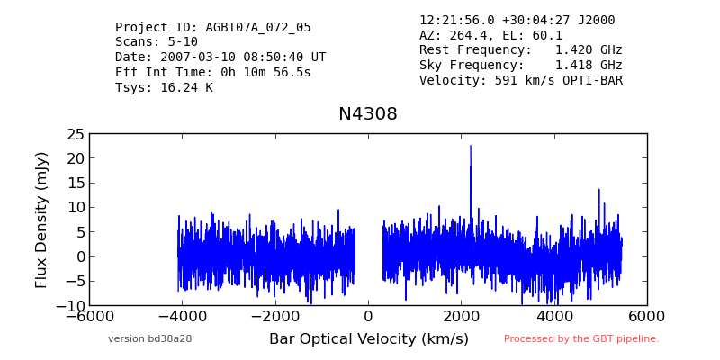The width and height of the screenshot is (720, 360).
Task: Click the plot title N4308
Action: click(368, 114)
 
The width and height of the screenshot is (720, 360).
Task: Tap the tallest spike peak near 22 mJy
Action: click(471, 146)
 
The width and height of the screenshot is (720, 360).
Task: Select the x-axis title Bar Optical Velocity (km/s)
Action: click(369, 339)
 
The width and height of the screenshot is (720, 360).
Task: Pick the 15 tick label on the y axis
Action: click(75, 184)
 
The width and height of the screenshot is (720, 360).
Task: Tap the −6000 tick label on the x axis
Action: click(89, 317)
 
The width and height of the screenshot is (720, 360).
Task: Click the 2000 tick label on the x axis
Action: click(462, 317)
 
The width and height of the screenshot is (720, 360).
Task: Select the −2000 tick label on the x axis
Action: click(275, 317)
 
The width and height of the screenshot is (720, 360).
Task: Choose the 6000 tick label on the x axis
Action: click(647, 317)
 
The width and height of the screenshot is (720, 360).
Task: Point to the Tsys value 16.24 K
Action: click(186, 87)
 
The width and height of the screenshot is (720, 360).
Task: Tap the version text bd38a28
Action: click(170, 339)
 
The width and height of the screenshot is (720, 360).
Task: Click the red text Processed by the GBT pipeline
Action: click(581, 339)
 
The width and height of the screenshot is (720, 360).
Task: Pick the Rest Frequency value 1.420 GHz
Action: click(589, 49)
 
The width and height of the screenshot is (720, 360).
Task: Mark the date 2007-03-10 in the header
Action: click(198, 58)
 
